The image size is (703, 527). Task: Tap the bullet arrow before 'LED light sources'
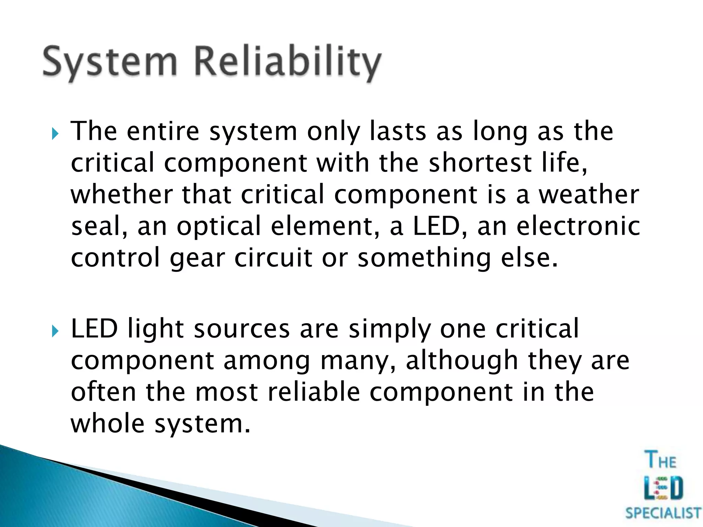point(55,331)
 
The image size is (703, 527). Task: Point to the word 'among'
point(267,361)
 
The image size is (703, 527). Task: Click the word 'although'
point(462,361)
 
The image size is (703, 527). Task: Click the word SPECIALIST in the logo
point(663,513)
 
